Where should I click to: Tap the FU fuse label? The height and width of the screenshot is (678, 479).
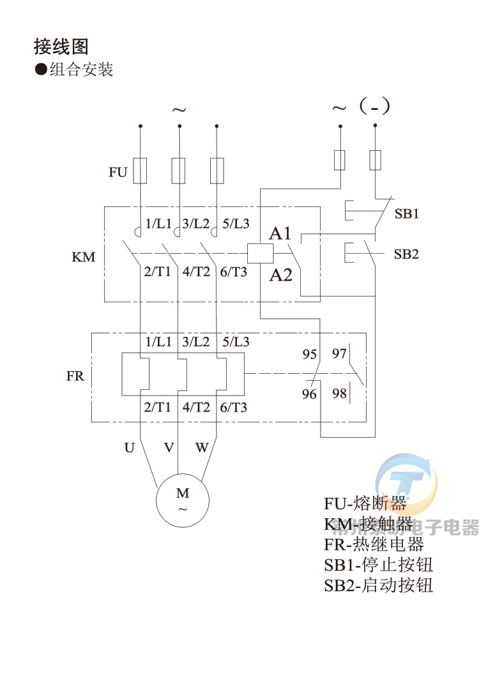pos(118,172)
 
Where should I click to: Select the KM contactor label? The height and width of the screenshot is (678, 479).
pos(83,258)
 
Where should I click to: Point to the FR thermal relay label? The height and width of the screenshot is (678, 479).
pos(75,376)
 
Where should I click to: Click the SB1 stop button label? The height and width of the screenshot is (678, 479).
pos(406,214)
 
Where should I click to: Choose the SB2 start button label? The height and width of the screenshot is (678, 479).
pos(406,254)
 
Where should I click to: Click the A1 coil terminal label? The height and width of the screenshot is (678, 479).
pos(280,233)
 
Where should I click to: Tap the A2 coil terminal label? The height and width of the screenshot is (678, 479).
pos(280,275)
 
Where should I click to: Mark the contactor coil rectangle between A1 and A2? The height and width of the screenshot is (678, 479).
pos(260,254)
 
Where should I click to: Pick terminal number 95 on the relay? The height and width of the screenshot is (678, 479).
pos(309,354)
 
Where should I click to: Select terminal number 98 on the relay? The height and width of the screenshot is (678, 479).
pos(339,394)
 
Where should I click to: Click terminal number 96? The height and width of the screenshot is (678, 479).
pos(309,394)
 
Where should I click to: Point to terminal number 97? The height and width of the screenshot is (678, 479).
pos(339,354)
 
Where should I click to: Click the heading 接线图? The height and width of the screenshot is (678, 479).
pos(61,47)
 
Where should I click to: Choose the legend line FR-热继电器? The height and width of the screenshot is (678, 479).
pos(374,545)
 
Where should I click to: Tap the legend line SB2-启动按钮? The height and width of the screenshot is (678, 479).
pos(378,585)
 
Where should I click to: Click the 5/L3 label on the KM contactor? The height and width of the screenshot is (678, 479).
pos(236,224)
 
